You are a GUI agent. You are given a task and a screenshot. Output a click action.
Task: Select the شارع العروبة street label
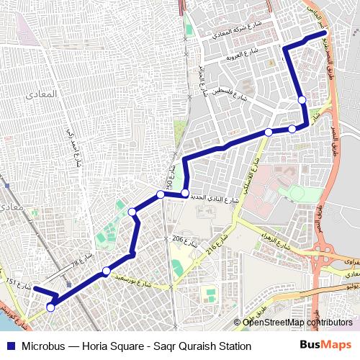click(x=242, y=55)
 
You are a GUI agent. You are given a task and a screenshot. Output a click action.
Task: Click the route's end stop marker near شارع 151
click(x=50, y=307)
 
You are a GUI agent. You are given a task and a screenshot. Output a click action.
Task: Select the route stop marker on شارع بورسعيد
click(x=106, y=271)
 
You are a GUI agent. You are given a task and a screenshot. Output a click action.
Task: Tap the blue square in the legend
click(x=10, y=346)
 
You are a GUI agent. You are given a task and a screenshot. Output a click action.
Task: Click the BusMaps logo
click(x=326, y=346)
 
